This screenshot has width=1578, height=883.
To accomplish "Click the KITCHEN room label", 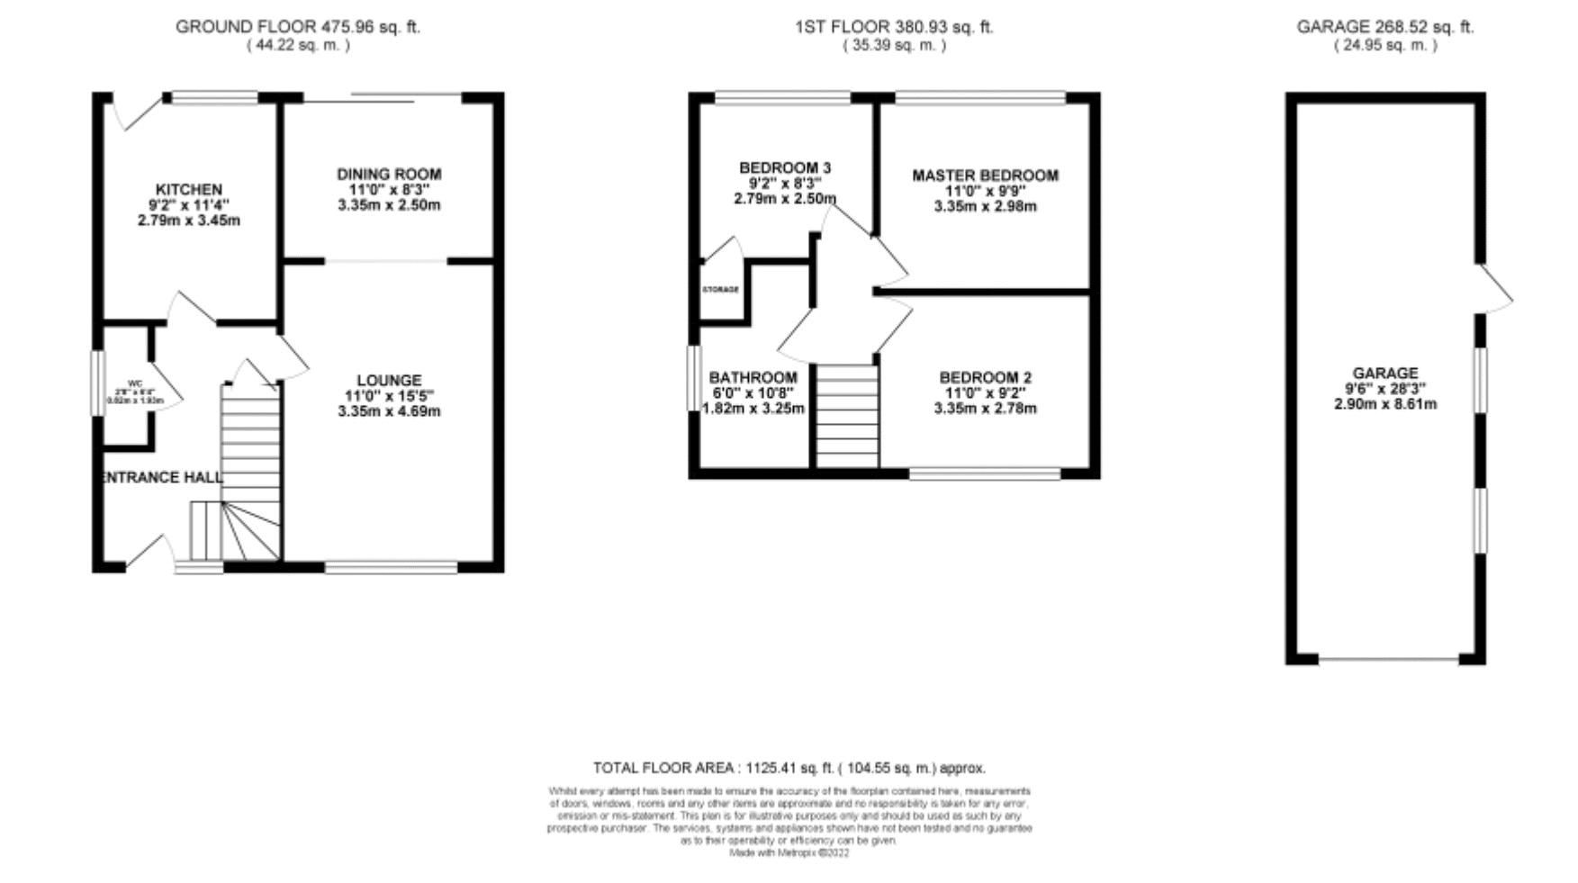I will coord(189,190).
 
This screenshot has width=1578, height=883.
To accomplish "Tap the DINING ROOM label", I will coord(389,175).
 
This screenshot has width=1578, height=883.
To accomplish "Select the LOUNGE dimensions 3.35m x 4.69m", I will coord(389,411).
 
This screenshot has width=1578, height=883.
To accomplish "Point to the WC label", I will coord(136,383).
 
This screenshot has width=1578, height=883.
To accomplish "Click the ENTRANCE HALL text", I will coord(162,477).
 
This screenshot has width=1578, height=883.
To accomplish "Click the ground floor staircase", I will coord(251,450).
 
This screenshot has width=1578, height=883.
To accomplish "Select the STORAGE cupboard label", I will coord(721,290).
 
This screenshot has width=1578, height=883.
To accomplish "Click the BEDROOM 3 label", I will coord(785,168).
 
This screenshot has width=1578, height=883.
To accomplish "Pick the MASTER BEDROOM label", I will coord(985,176).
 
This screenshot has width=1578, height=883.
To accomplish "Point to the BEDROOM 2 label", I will coord(985,378).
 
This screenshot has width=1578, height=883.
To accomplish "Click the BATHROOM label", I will coord(753,378).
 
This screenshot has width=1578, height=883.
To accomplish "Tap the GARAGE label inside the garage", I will coord(1384,374).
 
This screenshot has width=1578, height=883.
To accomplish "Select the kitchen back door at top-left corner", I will coord(135,112).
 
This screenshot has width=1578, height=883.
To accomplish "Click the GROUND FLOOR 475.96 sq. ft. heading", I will coord(298,27).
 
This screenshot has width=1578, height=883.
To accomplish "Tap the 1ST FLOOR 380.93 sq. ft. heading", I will coord(894,27).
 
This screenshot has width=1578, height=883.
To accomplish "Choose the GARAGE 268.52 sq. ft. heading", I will coord(1384,27).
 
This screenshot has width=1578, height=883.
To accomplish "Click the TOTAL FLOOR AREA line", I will coord(789,768).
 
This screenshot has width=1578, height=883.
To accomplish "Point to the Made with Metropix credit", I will coord(789,852).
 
